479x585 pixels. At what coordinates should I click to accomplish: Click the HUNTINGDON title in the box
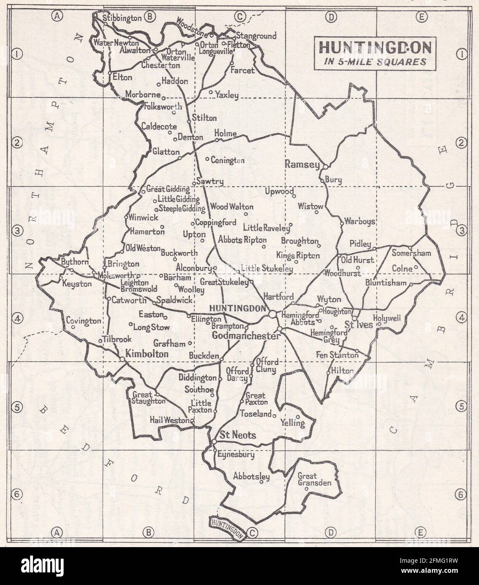coord(375,48)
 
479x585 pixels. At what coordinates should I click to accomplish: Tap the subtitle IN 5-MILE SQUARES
coord(375,61)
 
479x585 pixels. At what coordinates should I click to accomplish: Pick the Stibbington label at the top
coord(122,18)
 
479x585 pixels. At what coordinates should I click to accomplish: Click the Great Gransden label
coord(314,479)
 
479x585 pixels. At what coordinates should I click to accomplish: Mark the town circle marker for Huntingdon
coord(273,314)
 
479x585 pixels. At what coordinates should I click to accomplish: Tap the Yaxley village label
coord(227,95)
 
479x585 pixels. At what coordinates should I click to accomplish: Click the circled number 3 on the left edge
coord(17,230)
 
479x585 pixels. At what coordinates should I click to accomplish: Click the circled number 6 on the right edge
coord(461,494)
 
